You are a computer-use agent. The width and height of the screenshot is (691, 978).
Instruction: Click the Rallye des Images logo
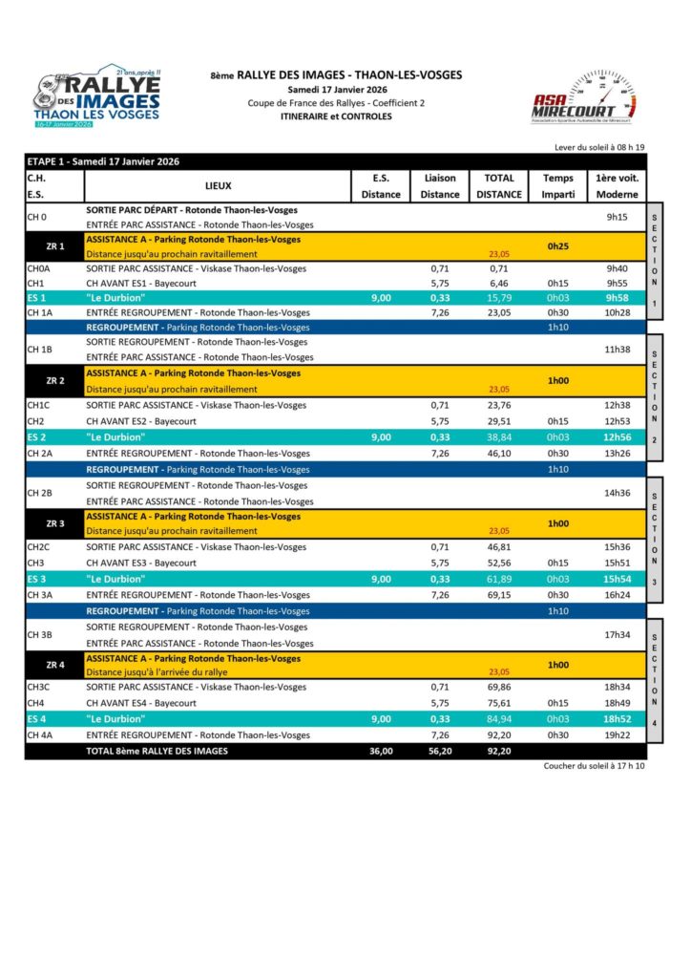pyautogui.click(x=99, y=99)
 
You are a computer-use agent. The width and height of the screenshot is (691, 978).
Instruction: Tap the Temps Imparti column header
pyautogui.click(x=558, y=186)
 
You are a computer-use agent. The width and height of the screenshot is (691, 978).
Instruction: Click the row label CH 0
pyautogui.click(x=37, y=217)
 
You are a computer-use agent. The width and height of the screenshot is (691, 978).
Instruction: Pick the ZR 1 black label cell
pyautogui.click(x=54, y=246)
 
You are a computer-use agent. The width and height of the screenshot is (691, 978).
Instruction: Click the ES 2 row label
pyautogui.click(x=37, y=436)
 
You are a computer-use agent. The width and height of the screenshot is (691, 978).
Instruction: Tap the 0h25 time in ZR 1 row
pyautogui.click(x=558, y=246)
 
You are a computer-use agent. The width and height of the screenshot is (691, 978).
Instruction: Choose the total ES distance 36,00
pyautogui.click(x=381, y=752)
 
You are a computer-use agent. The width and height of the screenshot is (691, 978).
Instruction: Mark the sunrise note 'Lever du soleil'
pyautogui.click(x=599, y=147)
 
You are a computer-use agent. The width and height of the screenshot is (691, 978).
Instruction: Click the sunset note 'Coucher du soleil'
pyautogui.click(x=595, y=766)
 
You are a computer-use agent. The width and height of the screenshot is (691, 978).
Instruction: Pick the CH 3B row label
pyautogui.click(x=39, y=635)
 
